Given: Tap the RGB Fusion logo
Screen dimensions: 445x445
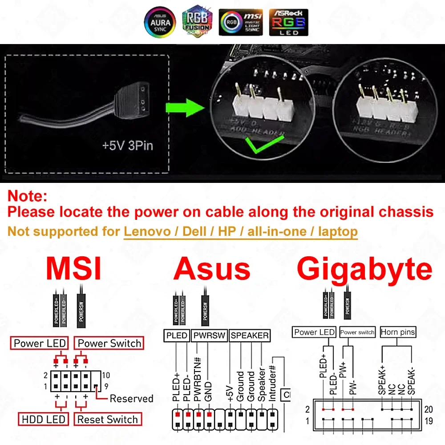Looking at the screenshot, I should pyautogui.click(x=198, y=23).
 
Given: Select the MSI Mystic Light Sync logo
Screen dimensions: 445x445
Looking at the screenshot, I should pyautogui.click(x=241, y=23).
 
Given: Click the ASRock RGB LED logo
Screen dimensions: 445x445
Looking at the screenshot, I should pyautogui.click(x=288, y=22).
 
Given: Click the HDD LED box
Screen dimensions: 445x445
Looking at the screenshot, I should pyautogui.click(x=43, y=419).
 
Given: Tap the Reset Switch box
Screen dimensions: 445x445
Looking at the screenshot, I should pyautogui.click(x=107, y=419).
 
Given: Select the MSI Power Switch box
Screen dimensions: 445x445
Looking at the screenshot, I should pyautogui.click(x=109, y=343).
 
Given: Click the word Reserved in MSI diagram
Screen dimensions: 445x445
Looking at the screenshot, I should pyautogui.click(x=131, y=398).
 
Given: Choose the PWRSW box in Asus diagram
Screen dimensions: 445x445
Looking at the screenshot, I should pyautogui.click(x=209, y=335).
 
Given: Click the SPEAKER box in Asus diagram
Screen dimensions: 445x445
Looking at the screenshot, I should pyautogui.click(x=250, y=335).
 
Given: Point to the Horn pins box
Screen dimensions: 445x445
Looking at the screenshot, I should pyautogui.click(x=398, y=332).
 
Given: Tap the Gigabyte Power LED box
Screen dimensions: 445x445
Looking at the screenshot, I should pyautogui.click(x=315, y=332).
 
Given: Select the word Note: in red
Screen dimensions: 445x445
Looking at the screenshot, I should pyautogui.click(x=27, y=195).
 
